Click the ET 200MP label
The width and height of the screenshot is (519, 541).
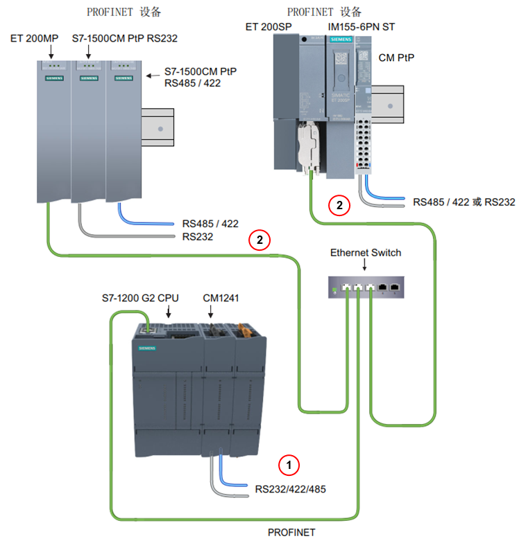coord(33,38)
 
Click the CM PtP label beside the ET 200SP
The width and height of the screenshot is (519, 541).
coord(397,57)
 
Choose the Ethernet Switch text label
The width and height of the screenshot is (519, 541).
coord(366,252)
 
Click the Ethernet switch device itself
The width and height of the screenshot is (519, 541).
coord(365,285)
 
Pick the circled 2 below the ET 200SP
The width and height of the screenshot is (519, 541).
coord(339,205)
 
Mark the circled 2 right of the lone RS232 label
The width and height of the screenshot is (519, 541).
coord(259,240)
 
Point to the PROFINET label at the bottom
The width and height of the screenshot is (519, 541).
coord(291,532)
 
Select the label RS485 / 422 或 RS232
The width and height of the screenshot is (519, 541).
coord(463,203)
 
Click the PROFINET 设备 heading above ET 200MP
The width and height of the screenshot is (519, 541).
coord(124,12)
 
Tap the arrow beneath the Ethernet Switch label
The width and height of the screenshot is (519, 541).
coord(366,266)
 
